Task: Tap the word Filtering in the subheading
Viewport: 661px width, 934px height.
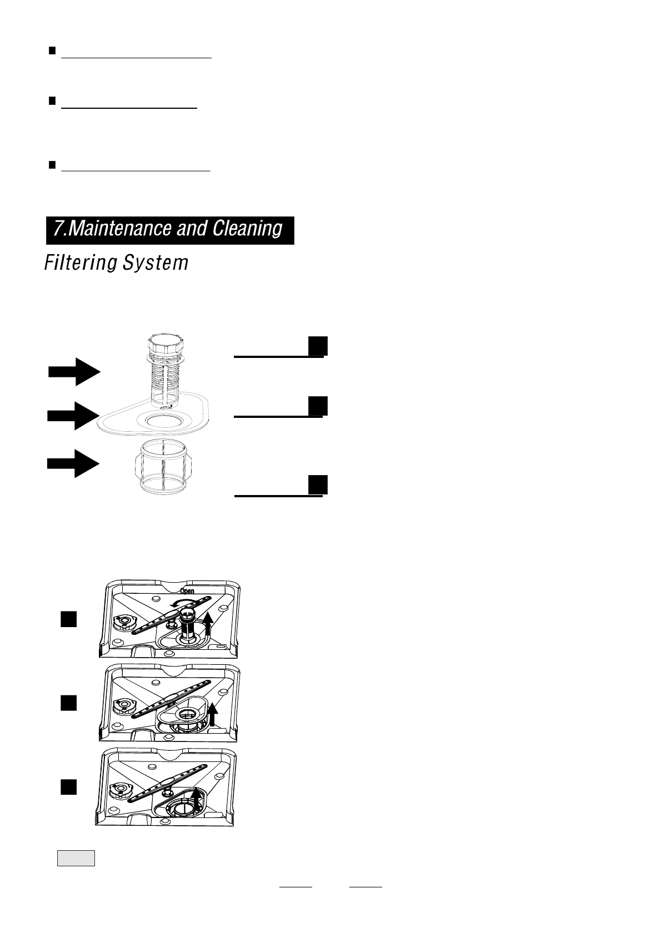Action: [80, 262]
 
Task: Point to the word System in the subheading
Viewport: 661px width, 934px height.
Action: [156, 262]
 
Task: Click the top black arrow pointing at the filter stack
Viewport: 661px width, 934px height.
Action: [74, 372]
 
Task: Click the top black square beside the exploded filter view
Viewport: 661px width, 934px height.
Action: [317, 345]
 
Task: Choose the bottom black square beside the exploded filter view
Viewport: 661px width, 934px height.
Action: [318, 484]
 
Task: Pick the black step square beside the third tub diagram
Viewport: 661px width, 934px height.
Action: [68, 786]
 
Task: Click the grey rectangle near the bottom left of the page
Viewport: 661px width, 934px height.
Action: [76, 858]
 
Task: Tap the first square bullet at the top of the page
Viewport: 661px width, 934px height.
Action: [51, 52]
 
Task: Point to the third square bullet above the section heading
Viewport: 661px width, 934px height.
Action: [51, 165]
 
